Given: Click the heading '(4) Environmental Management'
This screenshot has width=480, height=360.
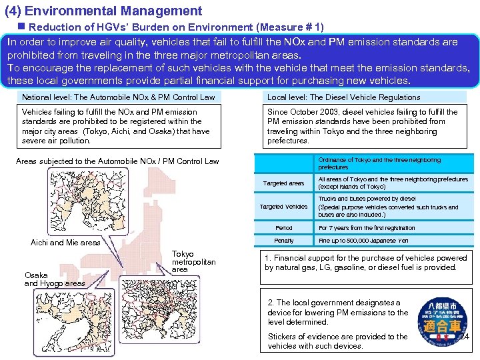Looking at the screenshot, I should (x=103, y=11).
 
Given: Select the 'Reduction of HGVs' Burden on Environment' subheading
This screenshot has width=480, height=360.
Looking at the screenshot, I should (x=176, y=27).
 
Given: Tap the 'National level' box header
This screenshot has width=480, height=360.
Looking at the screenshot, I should (x=119, y=97).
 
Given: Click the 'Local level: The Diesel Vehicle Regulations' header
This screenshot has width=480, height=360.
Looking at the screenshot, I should (x=343, y=97).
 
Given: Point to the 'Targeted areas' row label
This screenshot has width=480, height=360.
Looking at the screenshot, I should (x=283, y=183).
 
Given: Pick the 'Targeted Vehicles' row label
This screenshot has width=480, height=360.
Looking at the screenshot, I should (x=283, y=207).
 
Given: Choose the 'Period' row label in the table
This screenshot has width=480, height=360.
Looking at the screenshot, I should (x=283, y=228).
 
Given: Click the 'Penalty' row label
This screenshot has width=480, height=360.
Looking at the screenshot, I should (x=283, y=241).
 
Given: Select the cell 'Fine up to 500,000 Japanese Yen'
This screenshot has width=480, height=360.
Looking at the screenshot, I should (x=363, y=241).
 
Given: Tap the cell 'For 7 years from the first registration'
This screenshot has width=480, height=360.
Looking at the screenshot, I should (x=367, y=228).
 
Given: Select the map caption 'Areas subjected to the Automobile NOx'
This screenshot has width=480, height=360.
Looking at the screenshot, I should (x=117, y=161).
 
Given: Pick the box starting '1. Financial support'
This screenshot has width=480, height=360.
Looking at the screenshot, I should (x=365, y=263).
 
